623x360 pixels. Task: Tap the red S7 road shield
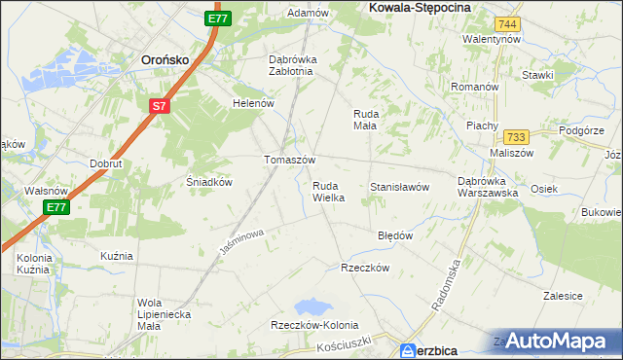point(161,105)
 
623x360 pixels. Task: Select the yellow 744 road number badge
point(506,22)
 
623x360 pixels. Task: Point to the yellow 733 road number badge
point(516,137)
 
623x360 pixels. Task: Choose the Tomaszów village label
point(289,160)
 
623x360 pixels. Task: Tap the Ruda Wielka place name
point(328,191)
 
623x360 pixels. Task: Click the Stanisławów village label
point(399,187)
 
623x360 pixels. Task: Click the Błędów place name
point(395,235)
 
